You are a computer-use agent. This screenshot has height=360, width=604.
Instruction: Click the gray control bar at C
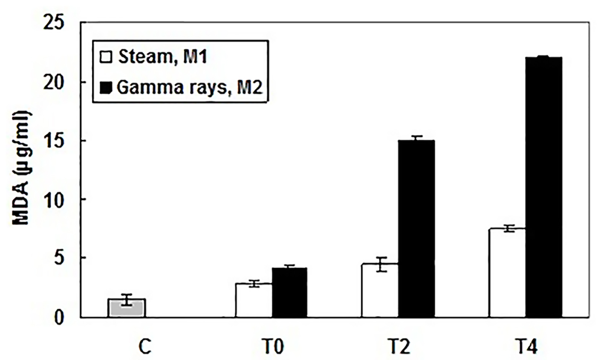pyautogui.click(x=127, y=308)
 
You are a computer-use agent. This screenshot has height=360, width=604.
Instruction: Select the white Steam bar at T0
pyautogui.click(x=254, y=300)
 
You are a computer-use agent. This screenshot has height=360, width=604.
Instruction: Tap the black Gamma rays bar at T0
pyautogui.click(x=289, y=293)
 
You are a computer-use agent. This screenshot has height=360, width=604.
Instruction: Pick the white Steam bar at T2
pyautogui.click(x=380, y=291)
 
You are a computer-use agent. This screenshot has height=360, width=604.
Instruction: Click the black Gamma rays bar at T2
pyautogui.click(x=416, y=229)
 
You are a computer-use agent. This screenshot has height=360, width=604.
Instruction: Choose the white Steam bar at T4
pyautogui.click(x=507, y=273)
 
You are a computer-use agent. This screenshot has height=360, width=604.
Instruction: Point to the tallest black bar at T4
pyautogui.click(x=543, y=187)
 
